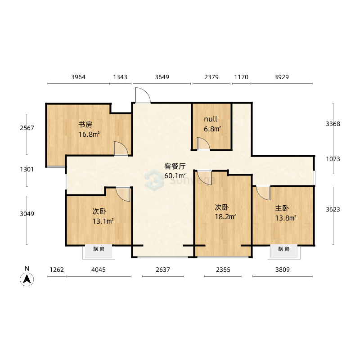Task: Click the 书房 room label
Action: (85, 125)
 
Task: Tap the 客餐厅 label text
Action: (175, 166)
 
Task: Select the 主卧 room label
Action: (282, 208)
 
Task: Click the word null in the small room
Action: (211, 119)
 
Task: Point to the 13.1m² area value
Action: (103, 221)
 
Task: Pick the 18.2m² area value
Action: (225, 216)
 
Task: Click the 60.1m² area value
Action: (175, 175)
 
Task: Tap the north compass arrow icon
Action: (27, 279)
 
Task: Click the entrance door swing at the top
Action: (143, 95)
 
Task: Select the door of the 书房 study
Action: (121, 148)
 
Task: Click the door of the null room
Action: (204, 144)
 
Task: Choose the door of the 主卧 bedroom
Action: (263, 193)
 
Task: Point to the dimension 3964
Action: (78, 77)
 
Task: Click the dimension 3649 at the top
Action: (162, 77)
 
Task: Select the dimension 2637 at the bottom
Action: (163, 269)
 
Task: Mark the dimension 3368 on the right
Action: (333, 124)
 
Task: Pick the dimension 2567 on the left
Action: (27, 128)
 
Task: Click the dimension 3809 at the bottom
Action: (283, 269)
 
